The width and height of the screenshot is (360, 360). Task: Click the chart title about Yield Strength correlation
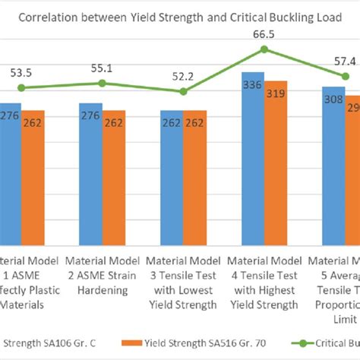pos(179,17)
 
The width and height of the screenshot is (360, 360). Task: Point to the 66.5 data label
pos(264,33)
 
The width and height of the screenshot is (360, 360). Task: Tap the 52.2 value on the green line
pos(183,77)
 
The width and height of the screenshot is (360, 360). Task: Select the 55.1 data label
pos(102,68)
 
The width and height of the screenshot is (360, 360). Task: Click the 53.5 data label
pos(21,73)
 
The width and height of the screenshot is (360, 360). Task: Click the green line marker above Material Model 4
pos(264,49)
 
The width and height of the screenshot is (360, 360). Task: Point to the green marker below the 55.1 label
pos(103,84)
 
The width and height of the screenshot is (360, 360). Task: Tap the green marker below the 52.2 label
pos(183,91)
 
